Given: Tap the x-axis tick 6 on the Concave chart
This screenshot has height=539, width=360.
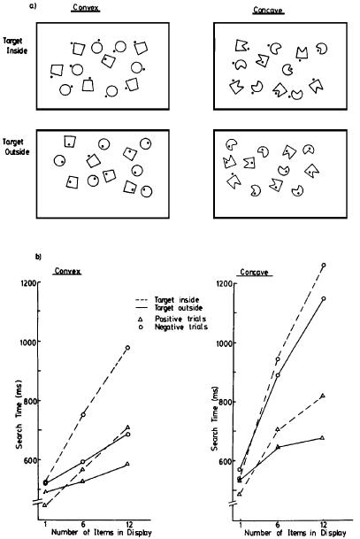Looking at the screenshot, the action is pos(278,524).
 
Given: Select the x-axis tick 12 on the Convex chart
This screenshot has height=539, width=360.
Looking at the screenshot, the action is pos(128,524).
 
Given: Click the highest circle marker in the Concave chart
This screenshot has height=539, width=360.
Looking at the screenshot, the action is pos(323,266).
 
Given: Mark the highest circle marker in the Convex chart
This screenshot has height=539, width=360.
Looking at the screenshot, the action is pos(127,348).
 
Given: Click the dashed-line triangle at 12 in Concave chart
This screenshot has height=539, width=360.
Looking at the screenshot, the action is pos(322,396).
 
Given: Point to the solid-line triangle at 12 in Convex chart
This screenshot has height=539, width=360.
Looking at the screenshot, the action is pos(127,464).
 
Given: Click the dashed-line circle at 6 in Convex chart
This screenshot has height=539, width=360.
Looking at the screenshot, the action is pos(83,414).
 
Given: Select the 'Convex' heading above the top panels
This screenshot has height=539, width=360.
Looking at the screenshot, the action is pos(86,7).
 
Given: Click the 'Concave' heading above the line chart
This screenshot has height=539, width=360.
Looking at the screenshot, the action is pos(254,273).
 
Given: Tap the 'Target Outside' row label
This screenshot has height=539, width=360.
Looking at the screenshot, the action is pos(16,147).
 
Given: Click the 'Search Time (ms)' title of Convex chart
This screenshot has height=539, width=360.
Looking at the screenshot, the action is pos(19,414).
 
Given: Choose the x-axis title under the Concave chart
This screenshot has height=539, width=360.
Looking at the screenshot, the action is pos(295,533).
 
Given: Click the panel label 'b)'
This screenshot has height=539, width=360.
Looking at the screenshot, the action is pos(39,257).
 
